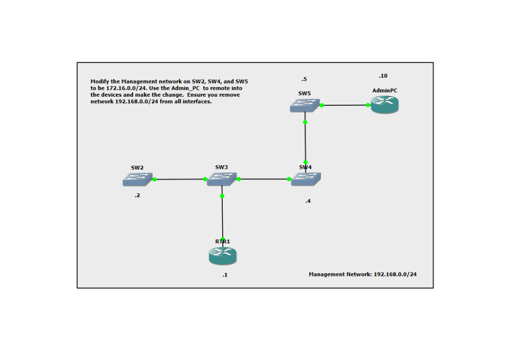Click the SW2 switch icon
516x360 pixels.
[138, 179]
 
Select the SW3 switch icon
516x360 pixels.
[222, 178]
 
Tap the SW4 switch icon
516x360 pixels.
[306, 179]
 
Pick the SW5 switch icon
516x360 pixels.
[305, 105]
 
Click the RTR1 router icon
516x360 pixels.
[223, 256]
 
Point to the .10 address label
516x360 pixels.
[383, 76]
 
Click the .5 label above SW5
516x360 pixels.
[304, 79]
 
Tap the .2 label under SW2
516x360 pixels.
[137, 196]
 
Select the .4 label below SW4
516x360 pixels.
[307, 201]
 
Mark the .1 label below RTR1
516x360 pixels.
[225, 275]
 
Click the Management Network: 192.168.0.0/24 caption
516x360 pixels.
[362, 274]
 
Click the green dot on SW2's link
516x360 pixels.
[155, 179]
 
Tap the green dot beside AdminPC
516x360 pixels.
[368, 105]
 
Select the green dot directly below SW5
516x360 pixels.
[305, 122]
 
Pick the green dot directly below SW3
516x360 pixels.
[222, 196]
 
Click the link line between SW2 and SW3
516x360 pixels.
[180, 179]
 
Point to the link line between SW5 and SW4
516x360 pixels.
[305, 142]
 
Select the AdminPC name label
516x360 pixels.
[384, 90]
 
